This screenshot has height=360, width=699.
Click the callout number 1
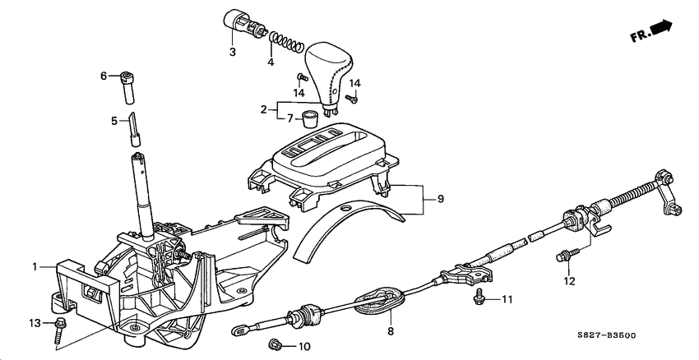coord(35,266)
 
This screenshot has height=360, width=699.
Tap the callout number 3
coord(233,53)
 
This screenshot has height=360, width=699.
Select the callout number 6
coord(104,76)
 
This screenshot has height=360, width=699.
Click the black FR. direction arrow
coord(660,29)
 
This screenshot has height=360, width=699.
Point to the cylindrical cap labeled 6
coord(128,85)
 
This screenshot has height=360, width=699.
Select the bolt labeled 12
coord(564,256)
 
